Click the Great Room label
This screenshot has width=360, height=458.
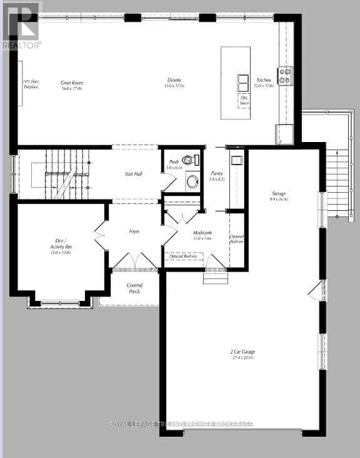click(x=72, y=85)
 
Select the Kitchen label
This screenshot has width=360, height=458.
click(x=264, y=82)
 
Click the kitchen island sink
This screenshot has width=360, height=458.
click(x=243, y=83)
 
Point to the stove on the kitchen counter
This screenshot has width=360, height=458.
click(x=284, y=76)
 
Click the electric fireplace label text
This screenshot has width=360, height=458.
click(x=31, y=84)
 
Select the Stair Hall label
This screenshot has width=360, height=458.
click(x=133, y=174)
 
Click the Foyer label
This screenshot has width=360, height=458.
click(x=134, y=232)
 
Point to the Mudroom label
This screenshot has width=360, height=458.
click(x=202, y=235)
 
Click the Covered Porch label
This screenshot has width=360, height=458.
click(x=134, y=288)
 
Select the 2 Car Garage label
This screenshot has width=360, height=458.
click(x=242, y=354)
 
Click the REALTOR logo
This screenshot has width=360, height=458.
click(x=21, y=25)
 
